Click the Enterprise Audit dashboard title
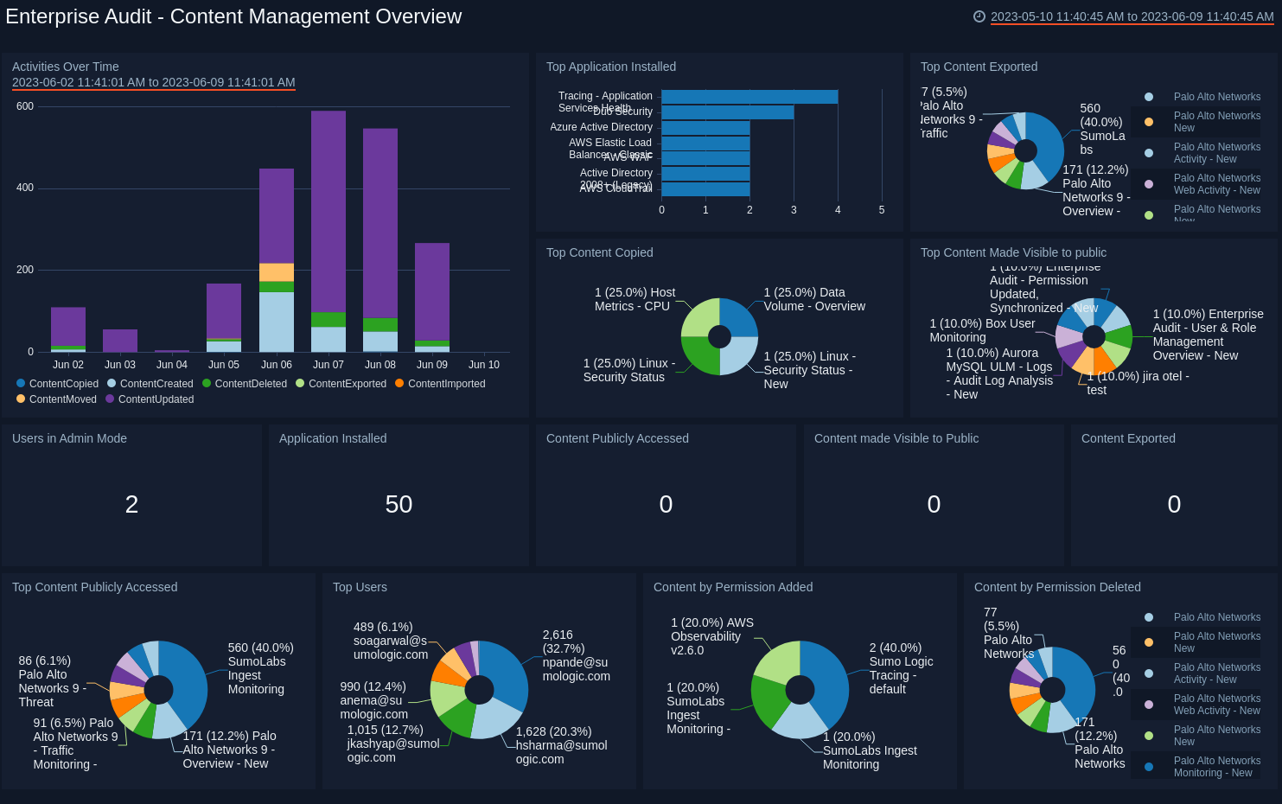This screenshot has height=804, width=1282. (x=233, y=16)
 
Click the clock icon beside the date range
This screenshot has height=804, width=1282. (x=979, y=16)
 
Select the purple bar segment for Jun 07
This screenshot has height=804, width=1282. (x=328, y=211)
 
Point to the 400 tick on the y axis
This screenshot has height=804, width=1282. (x=25, y=188)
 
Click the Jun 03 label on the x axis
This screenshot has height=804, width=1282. (x=120, y=365)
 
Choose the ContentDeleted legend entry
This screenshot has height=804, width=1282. (x=245, y=384)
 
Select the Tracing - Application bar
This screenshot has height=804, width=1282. (x=749, y=97)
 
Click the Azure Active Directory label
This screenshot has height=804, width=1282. (x=601, y=127)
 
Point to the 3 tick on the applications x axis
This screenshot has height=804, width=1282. (x=794, y=210)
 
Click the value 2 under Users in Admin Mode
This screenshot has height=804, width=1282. (x=131, y=505)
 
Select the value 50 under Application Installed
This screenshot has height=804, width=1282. (x=399, y=505)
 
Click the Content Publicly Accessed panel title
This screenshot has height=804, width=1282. (x=617, y=438)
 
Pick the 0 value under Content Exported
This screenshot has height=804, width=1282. (x=1174, y=505)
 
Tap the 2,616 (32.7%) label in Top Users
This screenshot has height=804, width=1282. (x=576, y=655)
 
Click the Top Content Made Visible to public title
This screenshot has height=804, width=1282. (x=1013, y=252)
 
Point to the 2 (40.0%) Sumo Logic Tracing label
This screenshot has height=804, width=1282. (x=900, y=668)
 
